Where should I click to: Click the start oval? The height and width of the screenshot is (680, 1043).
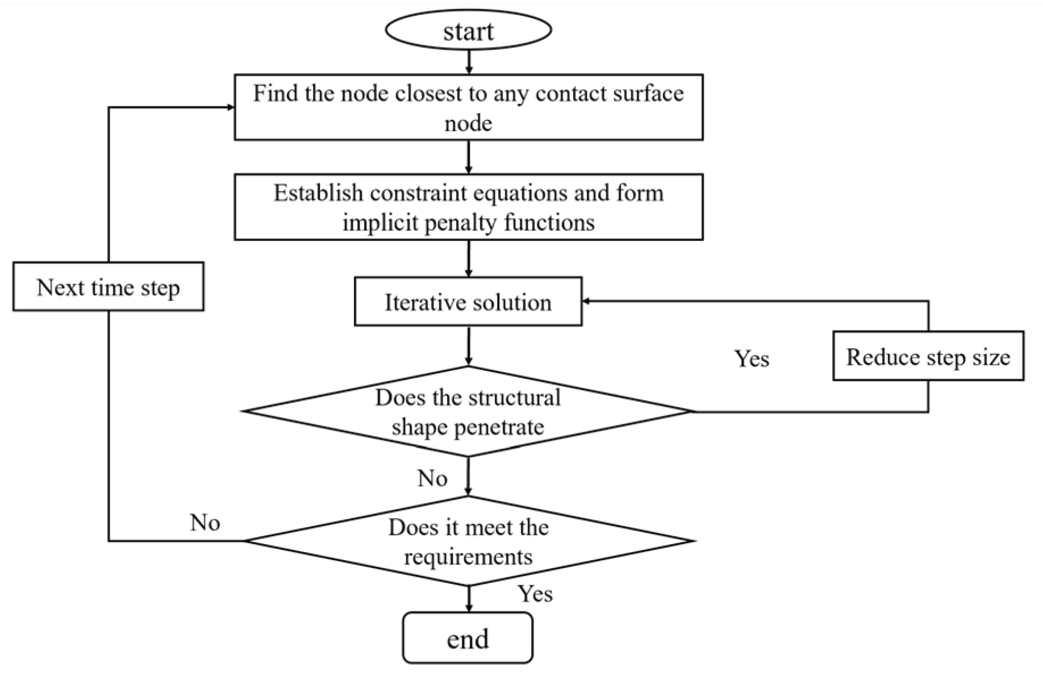point(468,30)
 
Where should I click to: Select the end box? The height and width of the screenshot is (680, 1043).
point(468,638)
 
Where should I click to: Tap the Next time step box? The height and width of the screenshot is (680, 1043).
point(108,286)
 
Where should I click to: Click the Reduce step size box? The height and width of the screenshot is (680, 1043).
point(928,356)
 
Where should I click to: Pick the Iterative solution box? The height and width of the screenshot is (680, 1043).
point(468,302)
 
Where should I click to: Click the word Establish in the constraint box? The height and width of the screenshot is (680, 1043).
point(319,193)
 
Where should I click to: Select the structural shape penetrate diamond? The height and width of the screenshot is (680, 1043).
point(468,411)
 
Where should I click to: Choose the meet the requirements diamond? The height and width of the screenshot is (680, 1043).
point(468,541)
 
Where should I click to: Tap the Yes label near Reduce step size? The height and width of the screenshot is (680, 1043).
point(752,358)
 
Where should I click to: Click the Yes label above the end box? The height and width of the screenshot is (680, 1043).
point(535,594)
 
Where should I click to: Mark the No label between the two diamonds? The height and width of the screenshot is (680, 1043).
point(432,478)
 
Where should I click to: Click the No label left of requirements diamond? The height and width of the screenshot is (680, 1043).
point(205,523)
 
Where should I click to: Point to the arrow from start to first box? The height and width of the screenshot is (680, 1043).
point(469,61)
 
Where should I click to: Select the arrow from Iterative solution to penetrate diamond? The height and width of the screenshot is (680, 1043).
point(468,345)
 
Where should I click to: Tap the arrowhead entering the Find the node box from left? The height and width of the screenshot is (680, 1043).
point(230,107)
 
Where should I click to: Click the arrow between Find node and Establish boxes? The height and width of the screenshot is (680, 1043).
point(468,157)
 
